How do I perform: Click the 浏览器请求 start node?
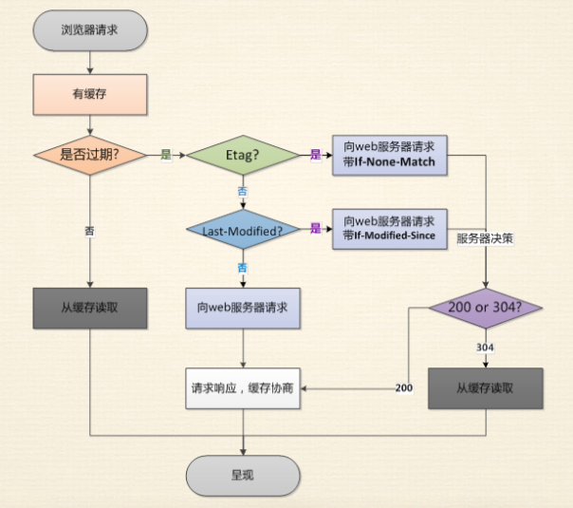89,30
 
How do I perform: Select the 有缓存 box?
89,93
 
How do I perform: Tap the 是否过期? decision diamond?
89,154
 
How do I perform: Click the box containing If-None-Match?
389,155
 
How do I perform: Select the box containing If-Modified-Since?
389,230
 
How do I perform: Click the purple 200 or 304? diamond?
486,308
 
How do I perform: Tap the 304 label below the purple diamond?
485,348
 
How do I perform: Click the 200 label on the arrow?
402,387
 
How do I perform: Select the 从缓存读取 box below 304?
486,388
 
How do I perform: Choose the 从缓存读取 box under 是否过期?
89,309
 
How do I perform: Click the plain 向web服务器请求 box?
243,309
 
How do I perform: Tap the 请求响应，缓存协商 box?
243,388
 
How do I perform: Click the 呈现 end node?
243,474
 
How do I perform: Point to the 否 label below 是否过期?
89,231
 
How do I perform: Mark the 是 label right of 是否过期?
166,154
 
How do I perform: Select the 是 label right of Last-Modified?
316,229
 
